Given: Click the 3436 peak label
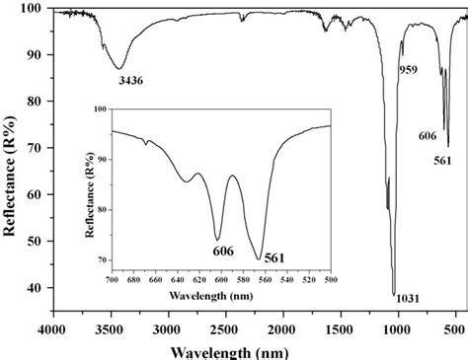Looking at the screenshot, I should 129,81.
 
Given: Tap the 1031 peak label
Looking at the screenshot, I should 407,297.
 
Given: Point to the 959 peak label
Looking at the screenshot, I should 408,70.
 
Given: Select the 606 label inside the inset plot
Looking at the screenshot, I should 222,252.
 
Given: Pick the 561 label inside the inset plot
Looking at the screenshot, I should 274,257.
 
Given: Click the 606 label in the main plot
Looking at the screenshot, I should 428,136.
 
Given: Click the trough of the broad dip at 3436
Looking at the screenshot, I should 119,68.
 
